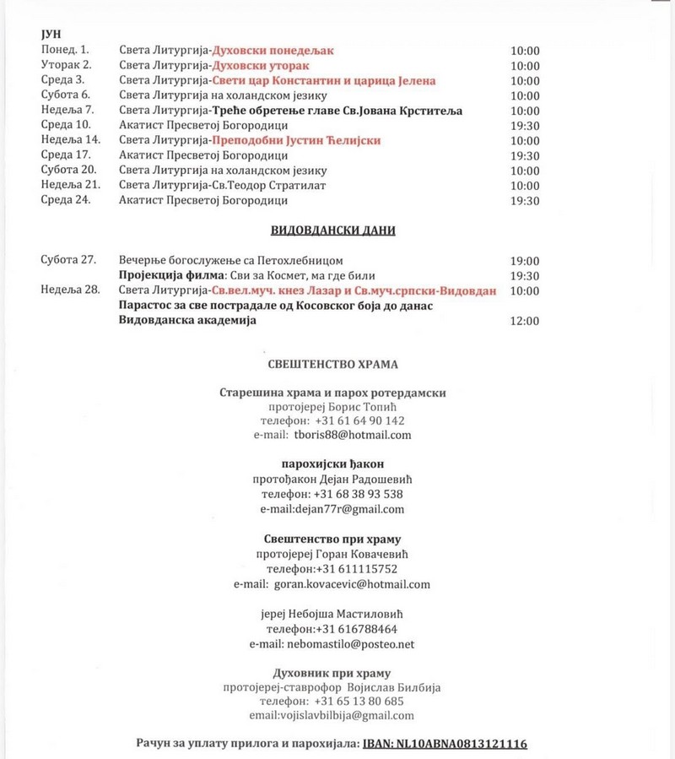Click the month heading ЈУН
click(x=49, y=35)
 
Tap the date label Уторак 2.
click(x=66, y=65)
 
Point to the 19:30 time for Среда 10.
click(x=525, y=125)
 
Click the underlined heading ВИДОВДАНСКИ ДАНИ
click(x=332, y=230)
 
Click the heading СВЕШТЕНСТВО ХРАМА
click(x=332, y=365)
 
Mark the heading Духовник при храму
click(x=332, y=673)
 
